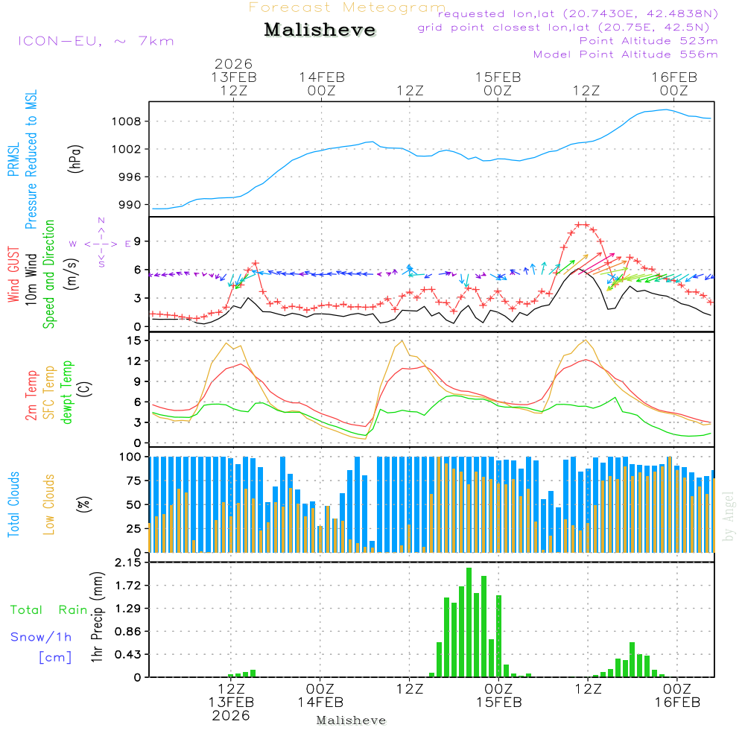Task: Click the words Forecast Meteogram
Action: (x=347, y=7)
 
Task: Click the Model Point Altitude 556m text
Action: (x=625, y=54)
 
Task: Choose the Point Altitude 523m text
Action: (x=648, y=41)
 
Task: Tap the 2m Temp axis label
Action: (x=31, y=393)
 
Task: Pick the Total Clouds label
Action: (x=13, y=504)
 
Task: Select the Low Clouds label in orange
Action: (x=49, y=504)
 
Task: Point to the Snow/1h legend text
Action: (x=42, y=637)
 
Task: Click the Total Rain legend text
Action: (x=49, y=609)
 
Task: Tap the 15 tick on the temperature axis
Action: (x=134, y=340)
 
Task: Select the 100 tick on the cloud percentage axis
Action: (x=130, y=456)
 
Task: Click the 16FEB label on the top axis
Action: (x=674, y=77)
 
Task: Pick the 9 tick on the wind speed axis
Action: (x=137, y=241)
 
